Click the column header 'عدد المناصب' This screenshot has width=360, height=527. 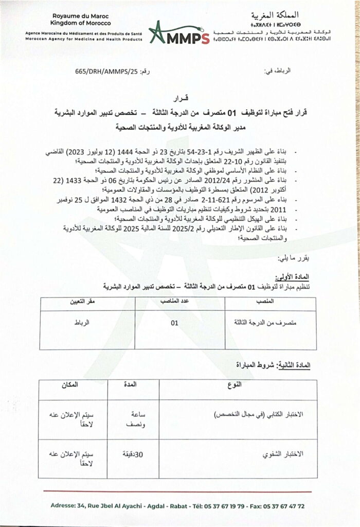(177, 301)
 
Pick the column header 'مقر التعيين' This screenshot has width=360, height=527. (78, 301)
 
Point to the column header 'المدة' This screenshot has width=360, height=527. (128, 384)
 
